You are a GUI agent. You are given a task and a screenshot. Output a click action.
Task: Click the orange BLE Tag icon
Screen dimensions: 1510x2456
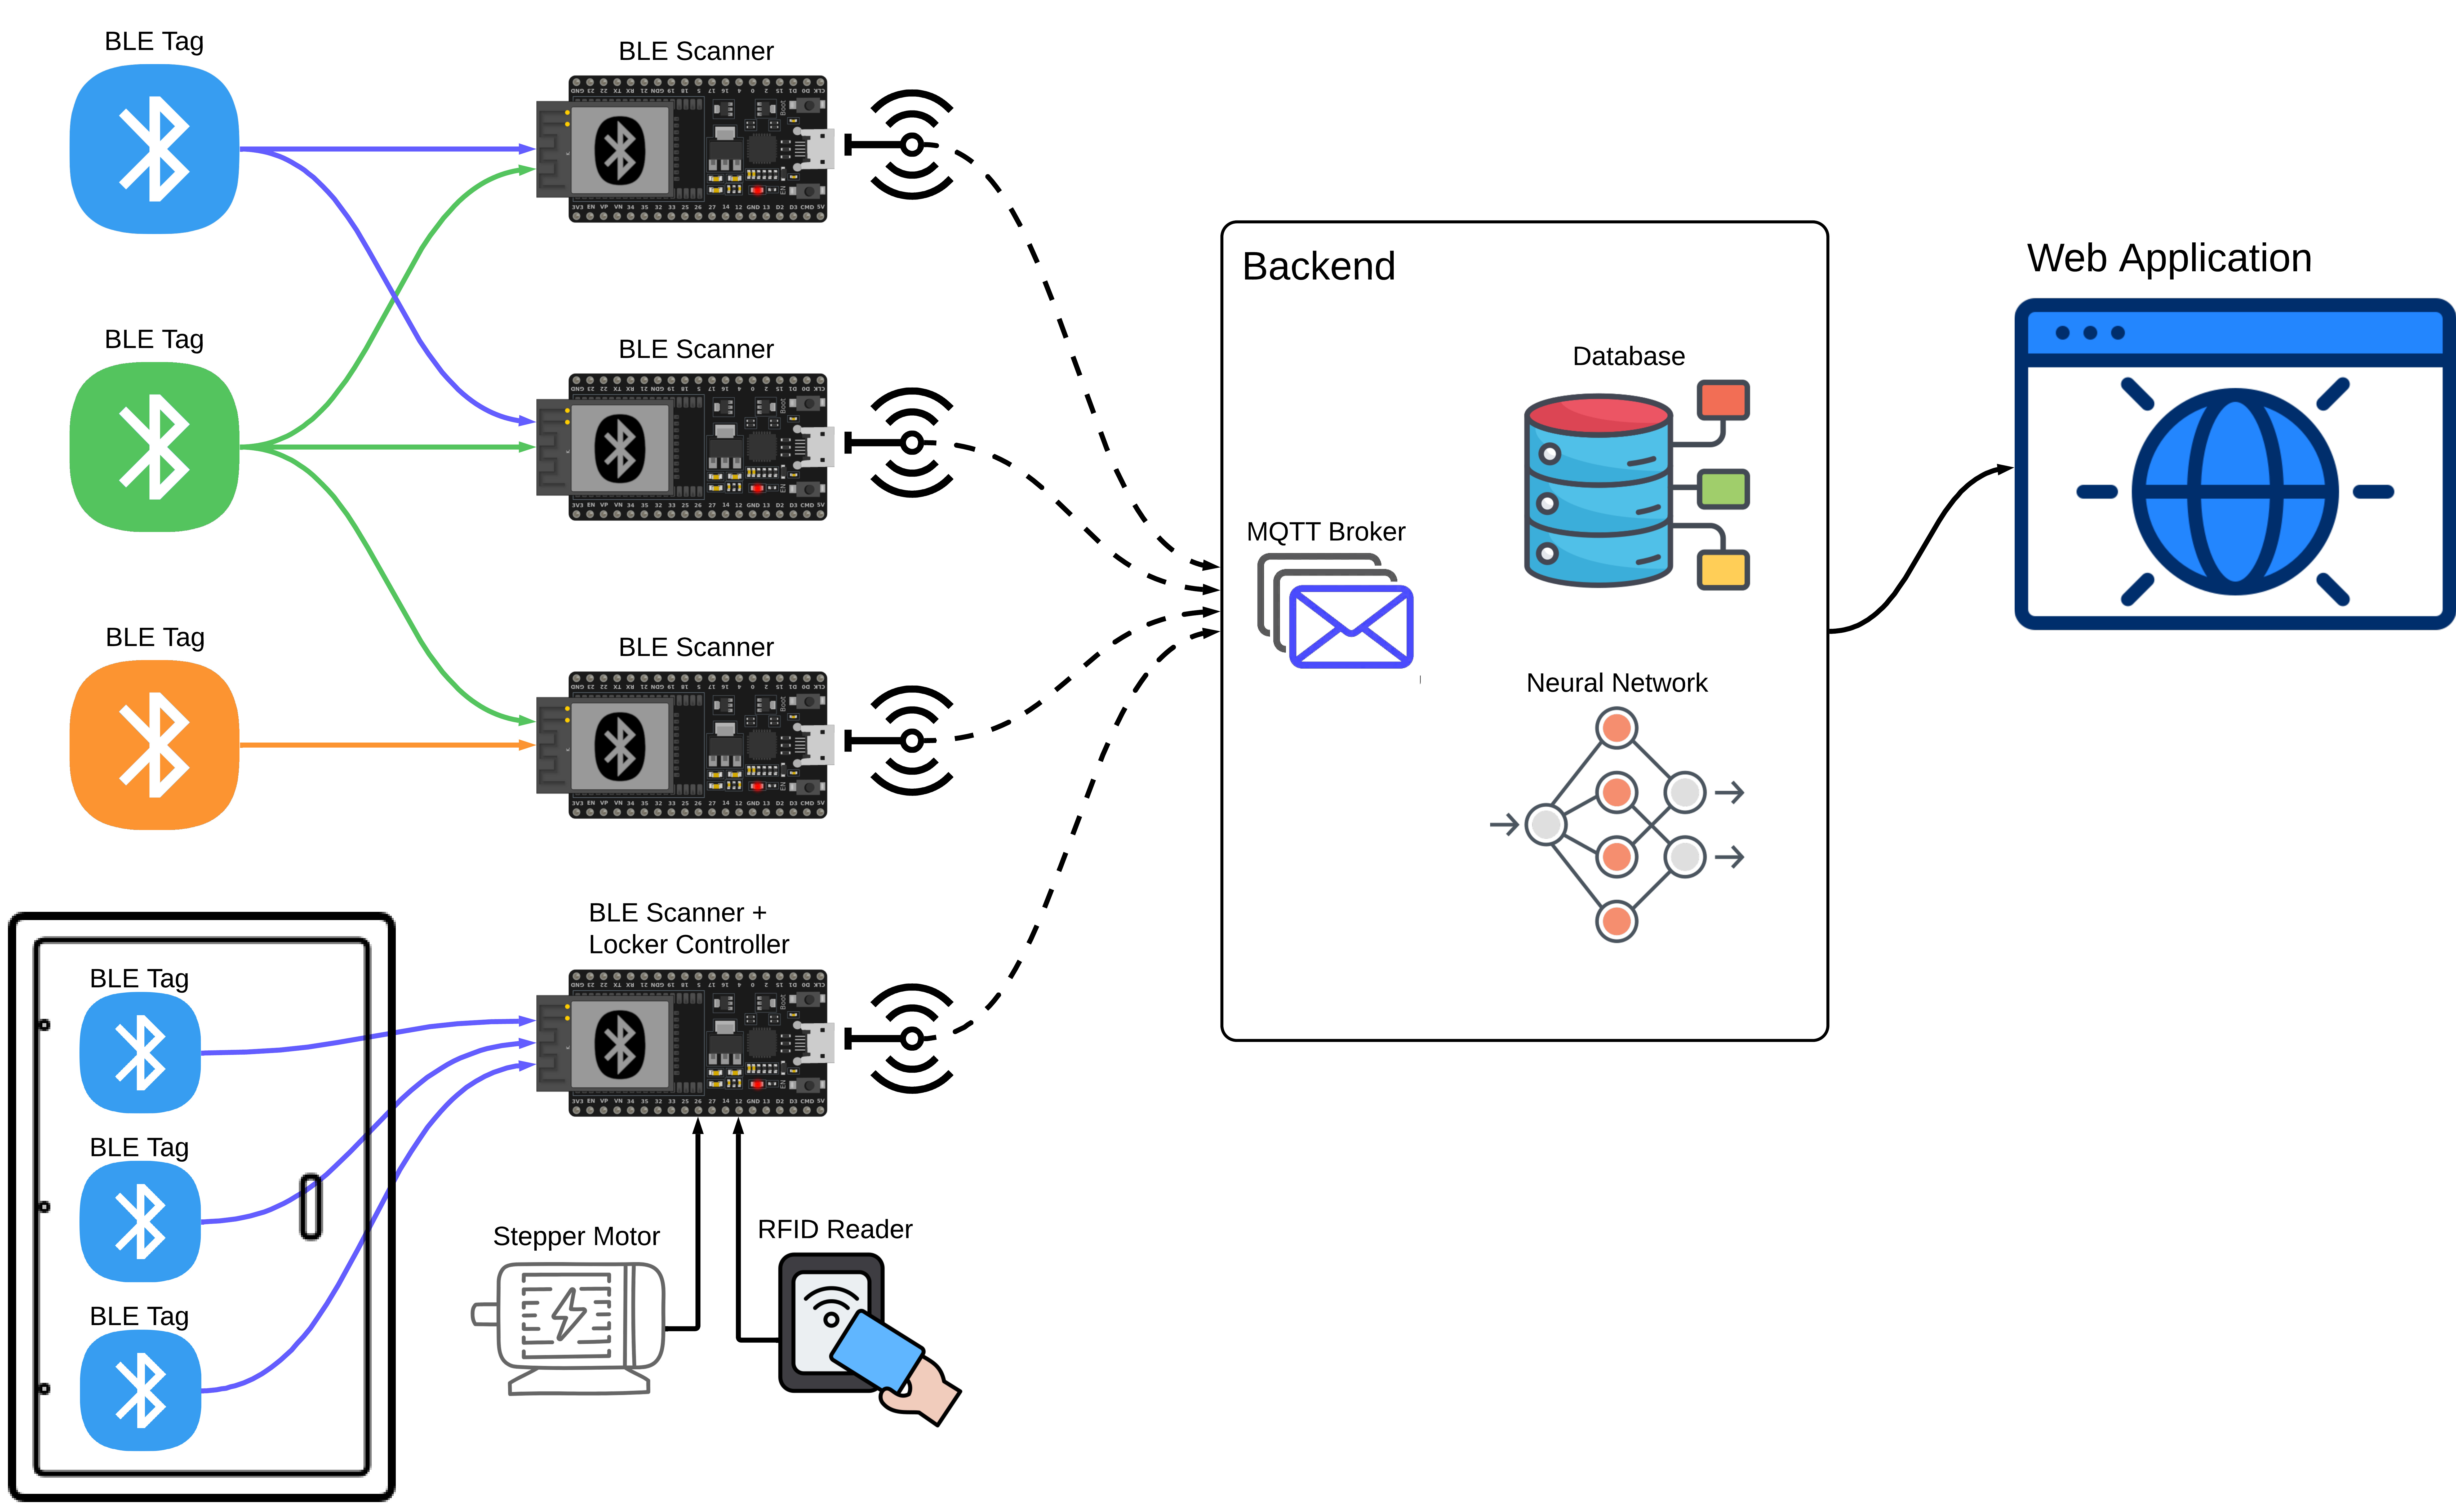[155, 745]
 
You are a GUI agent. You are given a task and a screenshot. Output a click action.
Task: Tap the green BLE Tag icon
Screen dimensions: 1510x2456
[155, 446]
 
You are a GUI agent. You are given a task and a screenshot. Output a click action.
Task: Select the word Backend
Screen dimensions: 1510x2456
[1318, 267]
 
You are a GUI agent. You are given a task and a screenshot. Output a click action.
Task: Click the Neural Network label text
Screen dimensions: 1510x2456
[1616, 683]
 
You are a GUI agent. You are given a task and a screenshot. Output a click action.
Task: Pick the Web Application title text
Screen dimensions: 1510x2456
[2169, 259]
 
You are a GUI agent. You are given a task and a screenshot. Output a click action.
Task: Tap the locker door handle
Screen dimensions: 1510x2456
[310, 1206]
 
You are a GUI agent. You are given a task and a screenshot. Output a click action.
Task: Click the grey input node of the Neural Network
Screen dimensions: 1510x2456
[1545, 824]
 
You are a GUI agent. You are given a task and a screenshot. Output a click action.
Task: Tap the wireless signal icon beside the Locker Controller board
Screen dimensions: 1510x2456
[911, 1039]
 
